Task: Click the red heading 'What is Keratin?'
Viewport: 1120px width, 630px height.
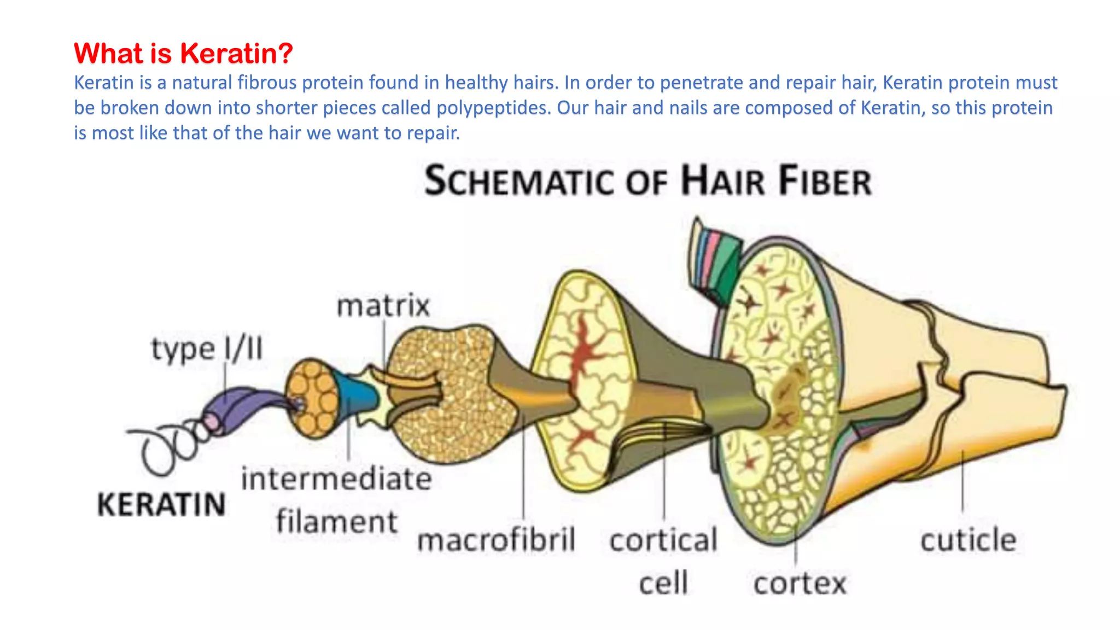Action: click(183, 54)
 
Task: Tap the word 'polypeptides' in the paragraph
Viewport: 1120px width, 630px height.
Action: click(492, 108)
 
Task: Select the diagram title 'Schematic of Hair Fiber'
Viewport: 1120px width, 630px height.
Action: click(648, 181)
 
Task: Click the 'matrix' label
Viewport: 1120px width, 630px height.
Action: click(383, 306)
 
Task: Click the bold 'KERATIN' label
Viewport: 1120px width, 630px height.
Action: click(161, 504)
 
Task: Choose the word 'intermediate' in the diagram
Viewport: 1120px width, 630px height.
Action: click(336, 479)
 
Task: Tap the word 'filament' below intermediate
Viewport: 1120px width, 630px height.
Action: click(336, 521)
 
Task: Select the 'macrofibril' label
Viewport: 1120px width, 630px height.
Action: click(496, 540)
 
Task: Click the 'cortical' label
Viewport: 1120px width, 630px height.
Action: click(663, 540)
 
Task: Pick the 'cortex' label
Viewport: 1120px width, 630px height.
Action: click(800, 583)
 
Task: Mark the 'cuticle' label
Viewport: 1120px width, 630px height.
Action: click(968, 540)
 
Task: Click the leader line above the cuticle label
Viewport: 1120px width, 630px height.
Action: click(962, 481)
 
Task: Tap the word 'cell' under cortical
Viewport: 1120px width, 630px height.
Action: click(663, 583)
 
